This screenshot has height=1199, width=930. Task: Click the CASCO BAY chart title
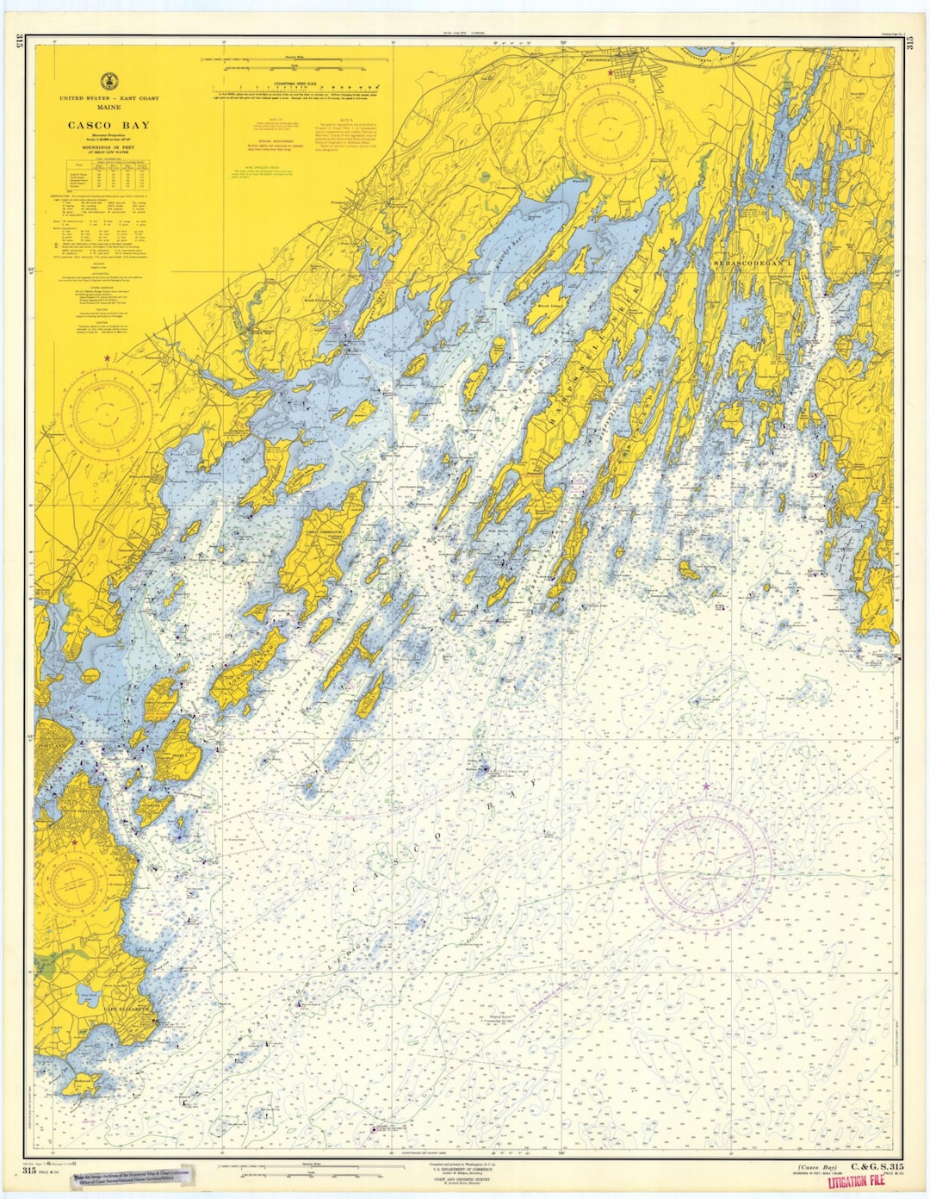108,126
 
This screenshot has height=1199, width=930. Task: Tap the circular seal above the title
108,82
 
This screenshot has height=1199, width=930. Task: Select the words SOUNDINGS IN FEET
108,146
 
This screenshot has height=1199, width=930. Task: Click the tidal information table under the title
108,173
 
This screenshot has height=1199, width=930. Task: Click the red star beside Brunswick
611,74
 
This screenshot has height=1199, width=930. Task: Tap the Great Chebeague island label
320,533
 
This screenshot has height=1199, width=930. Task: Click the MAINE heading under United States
108,109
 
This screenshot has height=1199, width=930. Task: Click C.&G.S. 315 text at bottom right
876,1166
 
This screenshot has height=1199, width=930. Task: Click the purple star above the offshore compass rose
707,786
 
